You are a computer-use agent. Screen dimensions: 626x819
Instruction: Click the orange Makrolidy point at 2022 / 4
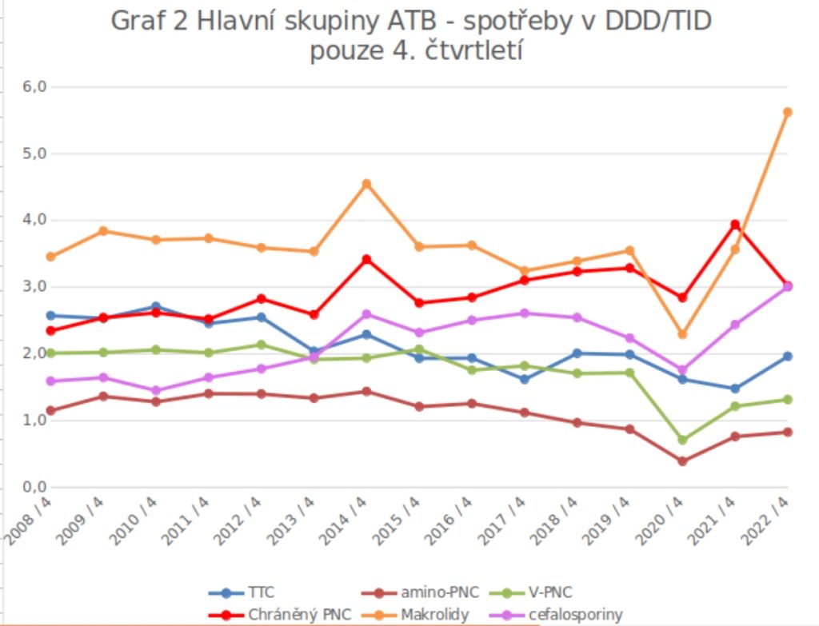(x=788, y=112)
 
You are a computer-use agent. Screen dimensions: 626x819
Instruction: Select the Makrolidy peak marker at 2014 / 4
(x=366, y=184)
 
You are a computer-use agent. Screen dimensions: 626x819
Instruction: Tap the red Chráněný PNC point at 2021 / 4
(x=735, y=225)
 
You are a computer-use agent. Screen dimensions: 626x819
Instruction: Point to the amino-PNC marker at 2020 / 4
(x=682, y=461)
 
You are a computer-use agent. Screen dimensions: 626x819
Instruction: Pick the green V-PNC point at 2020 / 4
(x=682, y=440)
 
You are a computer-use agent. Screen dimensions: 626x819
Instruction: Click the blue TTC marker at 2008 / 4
(x=50, y=315)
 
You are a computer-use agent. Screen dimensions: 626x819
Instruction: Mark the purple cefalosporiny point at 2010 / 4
(x=156, y=391)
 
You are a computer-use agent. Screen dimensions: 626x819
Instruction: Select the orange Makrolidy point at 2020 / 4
(x=682, y=334)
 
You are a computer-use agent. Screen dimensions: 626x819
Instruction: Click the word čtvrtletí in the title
(x=477, y=50)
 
